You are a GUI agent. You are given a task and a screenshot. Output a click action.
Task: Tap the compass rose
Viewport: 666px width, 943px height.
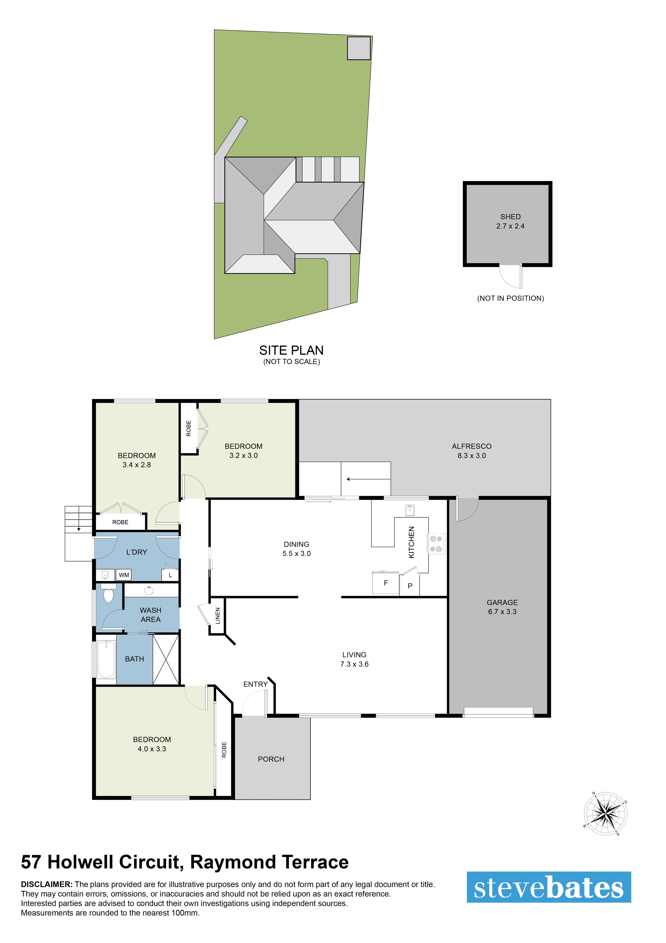605,813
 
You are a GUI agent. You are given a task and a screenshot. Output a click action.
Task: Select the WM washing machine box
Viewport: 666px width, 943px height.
124,575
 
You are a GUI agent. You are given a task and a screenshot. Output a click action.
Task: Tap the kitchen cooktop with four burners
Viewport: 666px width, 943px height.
436,543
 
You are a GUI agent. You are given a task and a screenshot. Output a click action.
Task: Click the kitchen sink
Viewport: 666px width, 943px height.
409,510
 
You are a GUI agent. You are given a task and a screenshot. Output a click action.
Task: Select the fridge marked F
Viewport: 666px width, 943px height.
385,582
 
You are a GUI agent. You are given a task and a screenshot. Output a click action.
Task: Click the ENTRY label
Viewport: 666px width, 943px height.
255,684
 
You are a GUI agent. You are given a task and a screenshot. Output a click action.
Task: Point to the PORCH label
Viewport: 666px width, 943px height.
271,759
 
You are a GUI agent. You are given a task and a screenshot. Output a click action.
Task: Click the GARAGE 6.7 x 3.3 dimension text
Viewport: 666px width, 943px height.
502,611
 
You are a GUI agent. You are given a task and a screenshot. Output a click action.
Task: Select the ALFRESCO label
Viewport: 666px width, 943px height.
471,446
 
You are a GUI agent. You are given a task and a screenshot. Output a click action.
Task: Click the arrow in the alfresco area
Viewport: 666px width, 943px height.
368,479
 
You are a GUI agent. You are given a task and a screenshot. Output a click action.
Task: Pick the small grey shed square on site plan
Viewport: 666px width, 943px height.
359,48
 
